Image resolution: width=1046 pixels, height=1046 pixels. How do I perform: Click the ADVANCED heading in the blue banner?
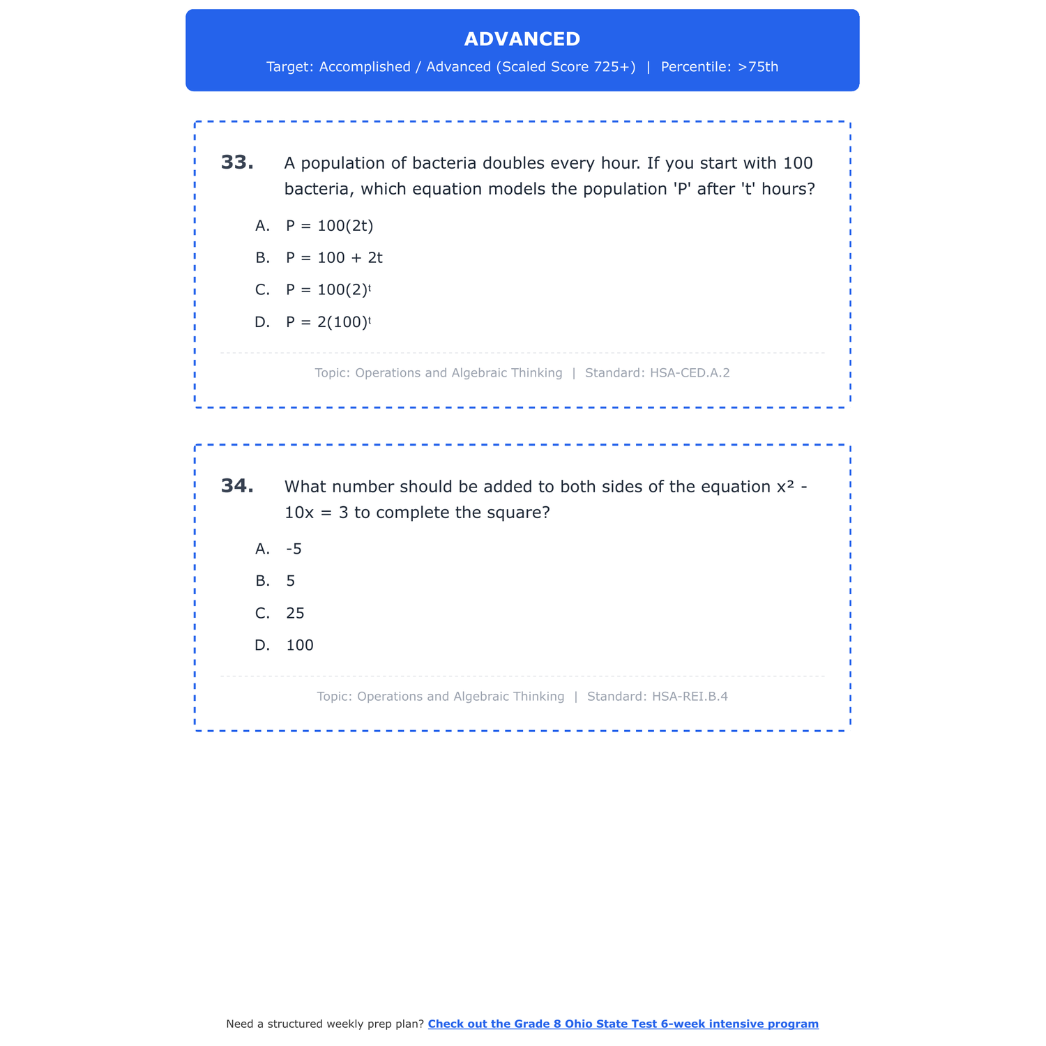pos(522,39)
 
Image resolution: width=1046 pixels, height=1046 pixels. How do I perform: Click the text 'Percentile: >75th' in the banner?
pos(719,67)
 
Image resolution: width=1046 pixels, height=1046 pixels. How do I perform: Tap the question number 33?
pos(237,162)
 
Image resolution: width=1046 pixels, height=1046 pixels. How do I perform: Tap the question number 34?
pos(237,486)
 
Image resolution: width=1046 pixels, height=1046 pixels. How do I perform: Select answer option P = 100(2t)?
pos(330,226)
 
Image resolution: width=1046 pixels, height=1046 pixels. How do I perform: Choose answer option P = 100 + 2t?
pos(334,258)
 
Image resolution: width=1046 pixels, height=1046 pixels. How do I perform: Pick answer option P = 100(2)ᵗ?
pos(328,290)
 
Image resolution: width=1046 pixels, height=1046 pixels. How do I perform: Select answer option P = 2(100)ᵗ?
pos(328,322)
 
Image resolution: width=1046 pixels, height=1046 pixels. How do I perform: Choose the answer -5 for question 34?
pos(294,549)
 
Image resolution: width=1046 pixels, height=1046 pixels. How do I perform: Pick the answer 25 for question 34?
pos(295,614)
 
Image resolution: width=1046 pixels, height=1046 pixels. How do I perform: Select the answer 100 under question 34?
pos(300,646)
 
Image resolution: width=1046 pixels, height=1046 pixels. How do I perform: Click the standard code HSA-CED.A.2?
pos(690,373)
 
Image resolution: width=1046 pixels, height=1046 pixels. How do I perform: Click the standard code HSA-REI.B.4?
pos(690,697)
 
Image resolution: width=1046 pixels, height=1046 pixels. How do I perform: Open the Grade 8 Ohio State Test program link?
pos(623,1024)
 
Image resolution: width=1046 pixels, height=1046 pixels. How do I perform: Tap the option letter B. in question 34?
pos(262,581)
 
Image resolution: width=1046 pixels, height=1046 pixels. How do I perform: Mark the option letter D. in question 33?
pos(262,322)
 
